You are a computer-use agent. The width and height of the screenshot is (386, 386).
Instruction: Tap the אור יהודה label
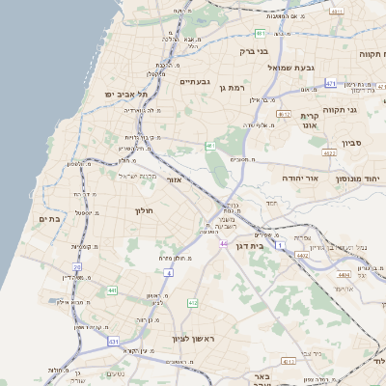tap(299, 179)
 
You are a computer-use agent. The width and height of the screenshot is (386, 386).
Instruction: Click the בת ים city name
tap(50, 219)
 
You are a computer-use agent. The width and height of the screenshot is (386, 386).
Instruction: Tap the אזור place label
tap(174, 179)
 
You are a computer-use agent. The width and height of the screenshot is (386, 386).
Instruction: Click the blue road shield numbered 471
tap(331, 84)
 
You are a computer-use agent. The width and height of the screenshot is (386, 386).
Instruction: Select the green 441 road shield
tap(112, 289)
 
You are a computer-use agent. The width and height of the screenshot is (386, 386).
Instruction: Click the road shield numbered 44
tap(224, 244)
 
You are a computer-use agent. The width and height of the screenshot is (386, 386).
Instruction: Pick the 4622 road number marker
tap(329, 152)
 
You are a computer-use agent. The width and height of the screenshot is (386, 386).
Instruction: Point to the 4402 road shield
tap(302, 255)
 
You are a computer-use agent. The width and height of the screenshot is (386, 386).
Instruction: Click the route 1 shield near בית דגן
tap(280, 246)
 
